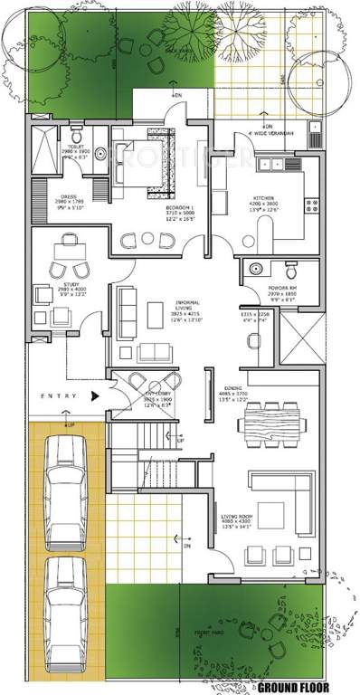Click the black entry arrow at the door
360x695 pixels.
[95, 396]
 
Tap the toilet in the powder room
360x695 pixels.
[289, 269]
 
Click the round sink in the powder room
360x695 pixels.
[255, 269]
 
